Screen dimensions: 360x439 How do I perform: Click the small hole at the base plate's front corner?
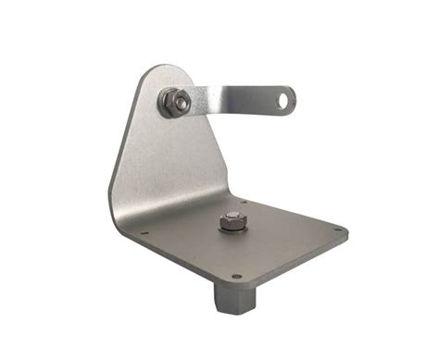[x=236, y=275]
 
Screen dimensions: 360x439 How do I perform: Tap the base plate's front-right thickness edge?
[x=296, y=262]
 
